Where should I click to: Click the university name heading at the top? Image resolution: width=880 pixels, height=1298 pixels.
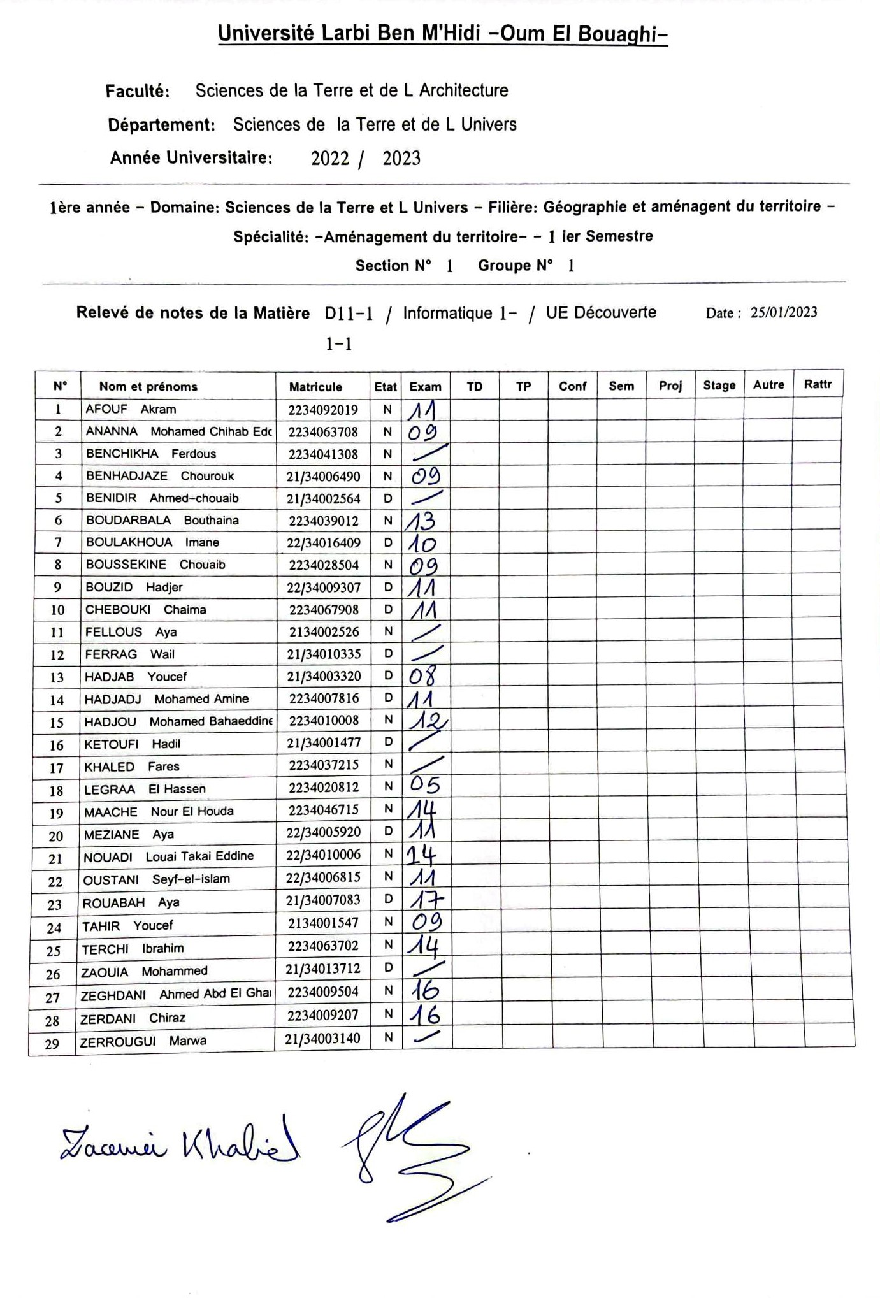[442, 34]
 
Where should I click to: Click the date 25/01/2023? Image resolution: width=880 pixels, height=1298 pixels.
[783, 312]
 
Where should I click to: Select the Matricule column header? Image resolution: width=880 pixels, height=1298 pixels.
[315, 387]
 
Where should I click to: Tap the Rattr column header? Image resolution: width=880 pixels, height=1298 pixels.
[818, 384]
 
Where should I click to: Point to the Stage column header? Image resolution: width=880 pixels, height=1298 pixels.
[719, 386]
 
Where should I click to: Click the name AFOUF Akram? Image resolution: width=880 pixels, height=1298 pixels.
[131, 409]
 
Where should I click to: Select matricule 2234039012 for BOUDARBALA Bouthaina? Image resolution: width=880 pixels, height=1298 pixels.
[324, 521]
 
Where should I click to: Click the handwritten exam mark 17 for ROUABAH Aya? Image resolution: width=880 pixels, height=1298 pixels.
[425, 900]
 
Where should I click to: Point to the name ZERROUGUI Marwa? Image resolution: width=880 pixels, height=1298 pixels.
[143, 1041]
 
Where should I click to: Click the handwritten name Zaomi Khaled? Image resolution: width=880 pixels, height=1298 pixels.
[179, 1145]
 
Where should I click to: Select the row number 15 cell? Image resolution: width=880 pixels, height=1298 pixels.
[57, 722]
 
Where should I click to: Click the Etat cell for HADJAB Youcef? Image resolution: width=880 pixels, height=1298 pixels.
[387, 675]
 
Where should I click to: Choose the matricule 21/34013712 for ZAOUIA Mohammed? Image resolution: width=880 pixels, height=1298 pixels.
[322, 969]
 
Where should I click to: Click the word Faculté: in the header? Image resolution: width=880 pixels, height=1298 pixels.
[138, 91]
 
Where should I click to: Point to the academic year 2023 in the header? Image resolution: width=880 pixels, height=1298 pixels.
[401, 158]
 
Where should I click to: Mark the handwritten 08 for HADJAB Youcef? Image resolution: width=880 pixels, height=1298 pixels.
[422, 675]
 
